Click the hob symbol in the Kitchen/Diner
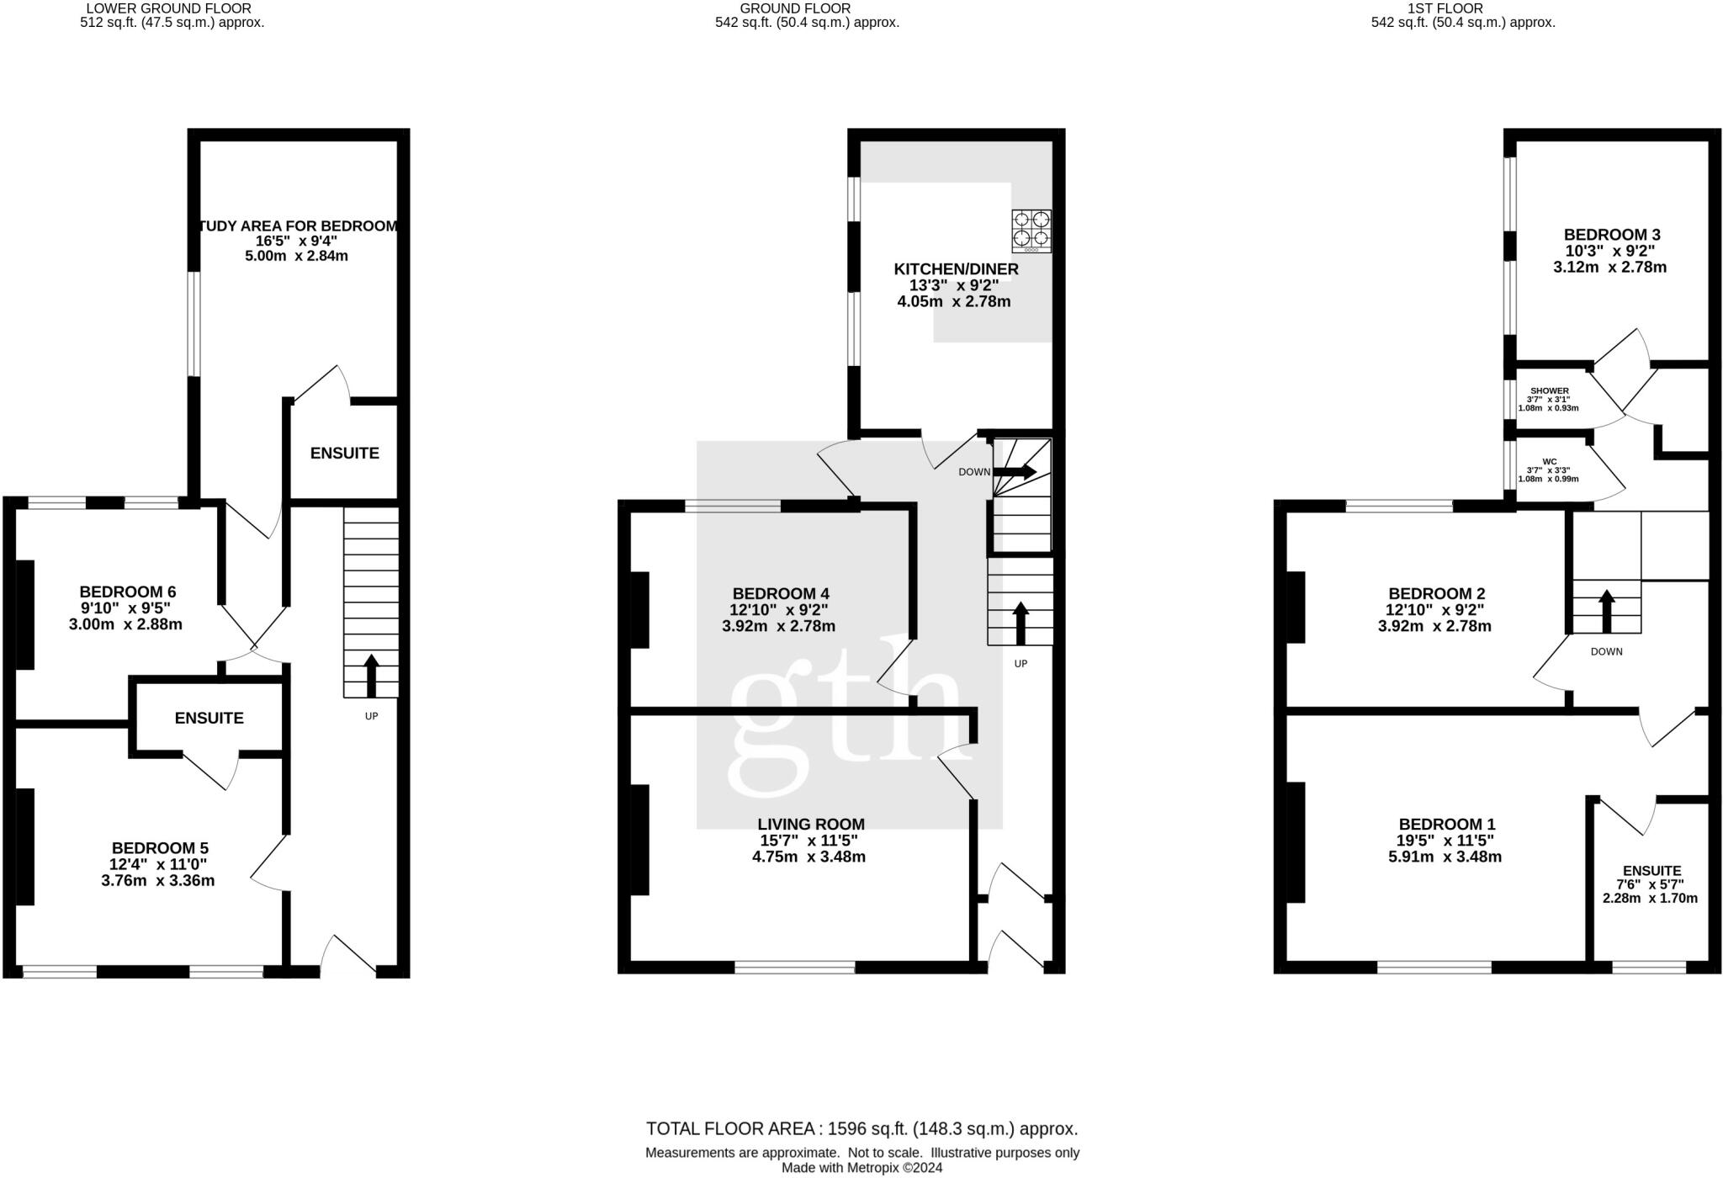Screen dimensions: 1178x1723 coord(1031,231)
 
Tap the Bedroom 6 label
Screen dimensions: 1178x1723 coord(127,592)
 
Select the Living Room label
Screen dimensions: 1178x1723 coord(810,825)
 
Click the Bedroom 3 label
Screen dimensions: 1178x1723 coord(1611,235)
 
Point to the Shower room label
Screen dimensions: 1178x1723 coord(1549,391)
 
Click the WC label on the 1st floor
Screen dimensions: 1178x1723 coord(1549,461)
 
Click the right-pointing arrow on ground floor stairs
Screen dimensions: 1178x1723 coord(1016,472)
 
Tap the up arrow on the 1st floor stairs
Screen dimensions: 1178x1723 coord(1606,611)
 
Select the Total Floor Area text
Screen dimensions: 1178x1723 coord(861,1128)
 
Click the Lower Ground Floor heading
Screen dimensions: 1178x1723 coord(168,8)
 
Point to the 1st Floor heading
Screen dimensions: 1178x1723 coord(1462,8)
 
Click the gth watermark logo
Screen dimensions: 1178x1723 coord(844,719)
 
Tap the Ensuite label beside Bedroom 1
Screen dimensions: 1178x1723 coord(1651,871)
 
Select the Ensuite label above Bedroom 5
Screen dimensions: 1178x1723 coord(209,718)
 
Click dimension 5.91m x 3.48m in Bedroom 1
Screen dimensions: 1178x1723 coord(1445,857)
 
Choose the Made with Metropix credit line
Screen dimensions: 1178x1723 coord(861,1168)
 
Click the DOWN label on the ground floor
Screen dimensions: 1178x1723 coord(974,472)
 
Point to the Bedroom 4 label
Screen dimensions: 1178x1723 coord(780,594)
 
